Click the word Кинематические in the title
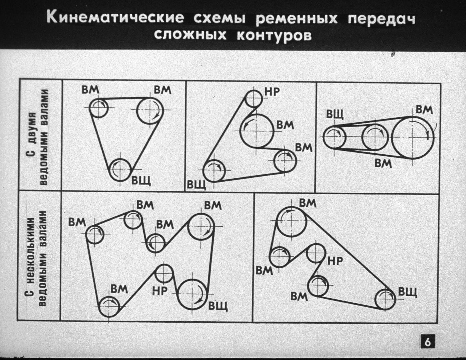[115, 18]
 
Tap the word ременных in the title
[297, 19]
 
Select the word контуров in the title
[274, 36]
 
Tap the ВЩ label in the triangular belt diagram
[141, 180]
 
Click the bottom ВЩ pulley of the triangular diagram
[120, 170]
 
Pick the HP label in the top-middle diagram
[272, 92]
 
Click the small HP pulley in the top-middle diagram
[254, 98]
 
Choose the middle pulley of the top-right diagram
[375, 137]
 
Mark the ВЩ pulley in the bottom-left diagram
[193, 293]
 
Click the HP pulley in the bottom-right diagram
[316, 253]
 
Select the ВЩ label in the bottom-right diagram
[407, 292]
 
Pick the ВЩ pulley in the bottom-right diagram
[385, 299]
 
